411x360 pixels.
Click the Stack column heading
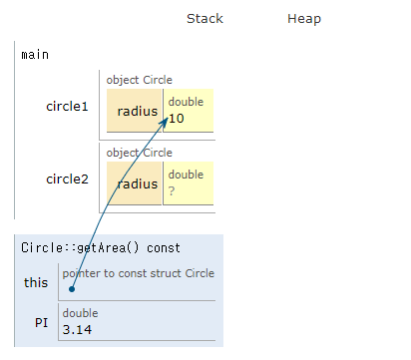click(x=205, y=19)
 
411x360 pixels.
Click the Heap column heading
click(x=304, y=19)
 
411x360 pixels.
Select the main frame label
click(x=35, y=54)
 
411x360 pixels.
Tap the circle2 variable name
click(x=67, y=180)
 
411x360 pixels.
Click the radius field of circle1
click(x=137, y=112)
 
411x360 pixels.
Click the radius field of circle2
click(x=137, y=183)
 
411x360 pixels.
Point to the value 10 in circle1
click(x=177, y=119)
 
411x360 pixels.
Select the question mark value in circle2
click(x=172, y=190)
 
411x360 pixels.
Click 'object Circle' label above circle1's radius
click(x=140, y=80)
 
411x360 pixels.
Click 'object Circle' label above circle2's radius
click(x=140, y=153)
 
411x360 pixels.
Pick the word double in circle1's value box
click(x=186, y=103)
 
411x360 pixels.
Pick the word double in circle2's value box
click(x=186, y=175)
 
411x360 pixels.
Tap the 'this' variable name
click(x=36, y=282)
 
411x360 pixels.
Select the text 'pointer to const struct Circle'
click(x=138, y=273)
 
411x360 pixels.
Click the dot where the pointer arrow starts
click(x=72, y=290)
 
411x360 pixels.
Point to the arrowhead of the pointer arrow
click(x=165, y=115)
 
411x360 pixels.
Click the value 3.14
click(x=78, y=328)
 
